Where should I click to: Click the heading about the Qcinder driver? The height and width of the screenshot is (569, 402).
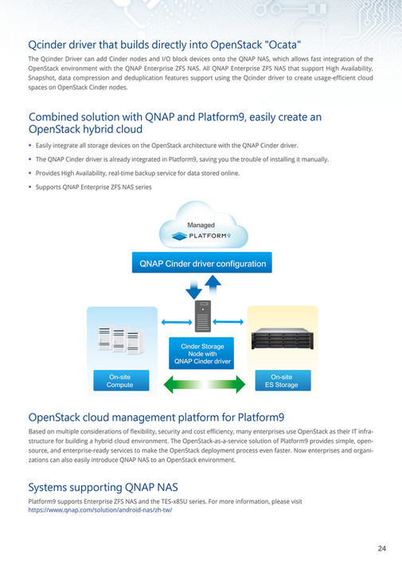pyautogui.click(x=165, y=45)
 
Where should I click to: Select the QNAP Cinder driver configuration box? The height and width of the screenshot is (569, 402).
pyautogui.click(x=202, y=262)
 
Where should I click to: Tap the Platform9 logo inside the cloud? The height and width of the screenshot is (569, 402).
pyautogui.click(x=201, y=236)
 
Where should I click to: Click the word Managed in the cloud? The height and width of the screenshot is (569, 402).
pyautogui.click(x=201, y=225)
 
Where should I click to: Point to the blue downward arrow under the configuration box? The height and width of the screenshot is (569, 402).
pyautogui.click(x=193, y=289)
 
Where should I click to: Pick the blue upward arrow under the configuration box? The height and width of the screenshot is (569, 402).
pyautogui.click(x=213, y=285)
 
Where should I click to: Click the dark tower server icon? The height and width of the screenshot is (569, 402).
pyautogui.click(x=203, y=316)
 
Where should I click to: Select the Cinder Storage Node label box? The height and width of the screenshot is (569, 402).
pyautogui.click(x=201, y=354)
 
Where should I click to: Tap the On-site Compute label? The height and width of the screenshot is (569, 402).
pyautogui.click(x=121, y=381)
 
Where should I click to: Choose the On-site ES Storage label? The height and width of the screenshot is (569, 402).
pyautogui.click(x=283, y=381)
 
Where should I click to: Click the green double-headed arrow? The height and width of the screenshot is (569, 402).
pyautogui.click(x=205, y=384)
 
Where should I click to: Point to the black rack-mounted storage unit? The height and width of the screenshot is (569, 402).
pyautogui.click(x=283, y=339)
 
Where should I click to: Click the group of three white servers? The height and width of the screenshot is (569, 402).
pyautogui.click(x=122, y=339)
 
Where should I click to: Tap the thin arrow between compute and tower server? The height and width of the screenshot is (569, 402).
pyautogui.click(x=177, y=322)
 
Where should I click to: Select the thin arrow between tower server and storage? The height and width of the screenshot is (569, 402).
pyautogui.click(x=228, y=321)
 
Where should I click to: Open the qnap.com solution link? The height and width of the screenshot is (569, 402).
pyautogui.click(x=100, y=510)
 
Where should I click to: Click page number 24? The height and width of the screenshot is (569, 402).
pyautogui.click(x=381, y=548)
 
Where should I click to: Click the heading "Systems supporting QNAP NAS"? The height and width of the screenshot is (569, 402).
pyautogui.click(x=103, y=487)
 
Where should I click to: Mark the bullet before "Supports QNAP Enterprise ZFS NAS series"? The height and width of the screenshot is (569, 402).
pyautogui.click(x=29, y=187)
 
